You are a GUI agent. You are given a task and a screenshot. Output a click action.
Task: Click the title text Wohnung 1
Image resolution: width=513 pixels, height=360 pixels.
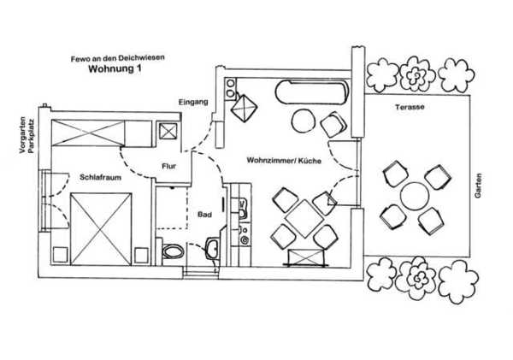(115, 68)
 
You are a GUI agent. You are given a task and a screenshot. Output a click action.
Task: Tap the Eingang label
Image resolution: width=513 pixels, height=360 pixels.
(193, 102)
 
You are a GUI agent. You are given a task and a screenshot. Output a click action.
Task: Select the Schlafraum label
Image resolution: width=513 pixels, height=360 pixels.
(100, 177)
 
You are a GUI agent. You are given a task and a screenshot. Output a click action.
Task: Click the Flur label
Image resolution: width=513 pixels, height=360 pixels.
(168, 166)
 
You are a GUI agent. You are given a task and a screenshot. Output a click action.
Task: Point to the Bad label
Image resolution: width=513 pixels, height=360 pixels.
(205, 215)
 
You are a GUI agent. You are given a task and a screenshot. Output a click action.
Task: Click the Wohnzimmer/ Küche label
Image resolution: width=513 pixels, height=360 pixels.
(284, 161)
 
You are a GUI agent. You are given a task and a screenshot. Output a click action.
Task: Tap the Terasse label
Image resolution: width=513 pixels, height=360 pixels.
(410, 107)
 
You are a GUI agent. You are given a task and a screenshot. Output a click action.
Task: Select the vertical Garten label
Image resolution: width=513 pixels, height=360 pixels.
(478, 186)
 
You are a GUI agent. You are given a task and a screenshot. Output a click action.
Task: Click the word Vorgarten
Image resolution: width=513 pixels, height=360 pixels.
(22, 135)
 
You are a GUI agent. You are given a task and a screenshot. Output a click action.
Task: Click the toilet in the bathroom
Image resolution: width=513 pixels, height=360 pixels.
(173, 251)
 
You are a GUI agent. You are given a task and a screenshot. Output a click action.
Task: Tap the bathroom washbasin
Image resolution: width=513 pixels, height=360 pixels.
(212, 248)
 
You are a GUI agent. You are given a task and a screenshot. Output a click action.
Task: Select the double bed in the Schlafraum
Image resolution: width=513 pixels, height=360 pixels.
(101, 229)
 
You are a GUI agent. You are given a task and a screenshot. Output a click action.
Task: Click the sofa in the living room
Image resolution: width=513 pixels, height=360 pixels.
(312, 92)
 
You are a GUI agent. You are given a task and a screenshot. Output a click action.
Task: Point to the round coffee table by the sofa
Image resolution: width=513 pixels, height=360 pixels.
(303, 121)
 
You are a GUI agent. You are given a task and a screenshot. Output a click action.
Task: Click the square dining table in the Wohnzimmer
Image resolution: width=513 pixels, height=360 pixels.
(304, 218)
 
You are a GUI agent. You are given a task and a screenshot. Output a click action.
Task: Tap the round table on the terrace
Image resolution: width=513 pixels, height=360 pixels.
(415, 197)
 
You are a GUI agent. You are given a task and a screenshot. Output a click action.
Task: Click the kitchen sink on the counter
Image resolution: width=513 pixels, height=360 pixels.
(242, 209)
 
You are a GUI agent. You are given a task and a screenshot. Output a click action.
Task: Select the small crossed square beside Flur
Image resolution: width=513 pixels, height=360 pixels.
(168, 132)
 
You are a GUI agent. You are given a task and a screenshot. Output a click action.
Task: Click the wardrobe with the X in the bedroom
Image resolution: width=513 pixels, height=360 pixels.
(88, 133)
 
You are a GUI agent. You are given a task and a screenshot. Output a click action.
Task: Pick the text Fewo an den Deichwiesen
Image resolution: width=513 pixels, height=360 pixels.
(118, 58)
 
